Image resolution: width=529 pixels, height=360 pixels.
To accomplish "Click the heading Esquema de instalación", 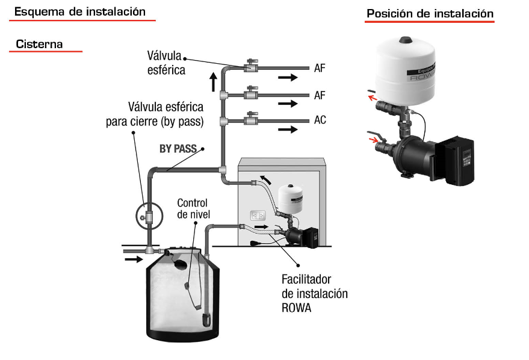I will coord(80,11).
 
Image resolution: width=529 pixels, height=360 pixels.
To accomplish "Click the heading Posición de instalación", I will coord(430,13).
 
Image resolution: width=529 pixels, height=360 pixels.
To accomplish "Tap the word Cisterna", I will coord(39,44).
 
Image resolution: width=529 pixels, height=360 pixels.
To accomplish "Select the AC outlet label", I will coord(320,120).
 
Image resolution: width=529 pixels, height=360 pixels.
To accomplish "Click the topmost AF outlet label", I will coord(320,68).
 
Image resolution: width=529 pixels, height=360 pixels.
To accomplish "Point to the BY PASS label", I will coord(178,149).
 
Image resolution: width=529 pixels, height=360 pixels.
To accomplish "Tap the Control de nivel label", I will coord(192,209).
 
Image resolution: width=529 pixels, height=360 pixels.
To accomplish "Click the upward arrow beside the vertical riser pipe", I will coord(213,81).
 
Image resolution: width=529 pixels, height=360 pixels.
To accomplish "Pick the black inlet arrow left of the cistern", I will coord(134,259).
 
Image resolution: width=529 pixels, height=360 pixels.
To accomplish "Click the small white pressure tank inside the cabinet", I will coord(289,198).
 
